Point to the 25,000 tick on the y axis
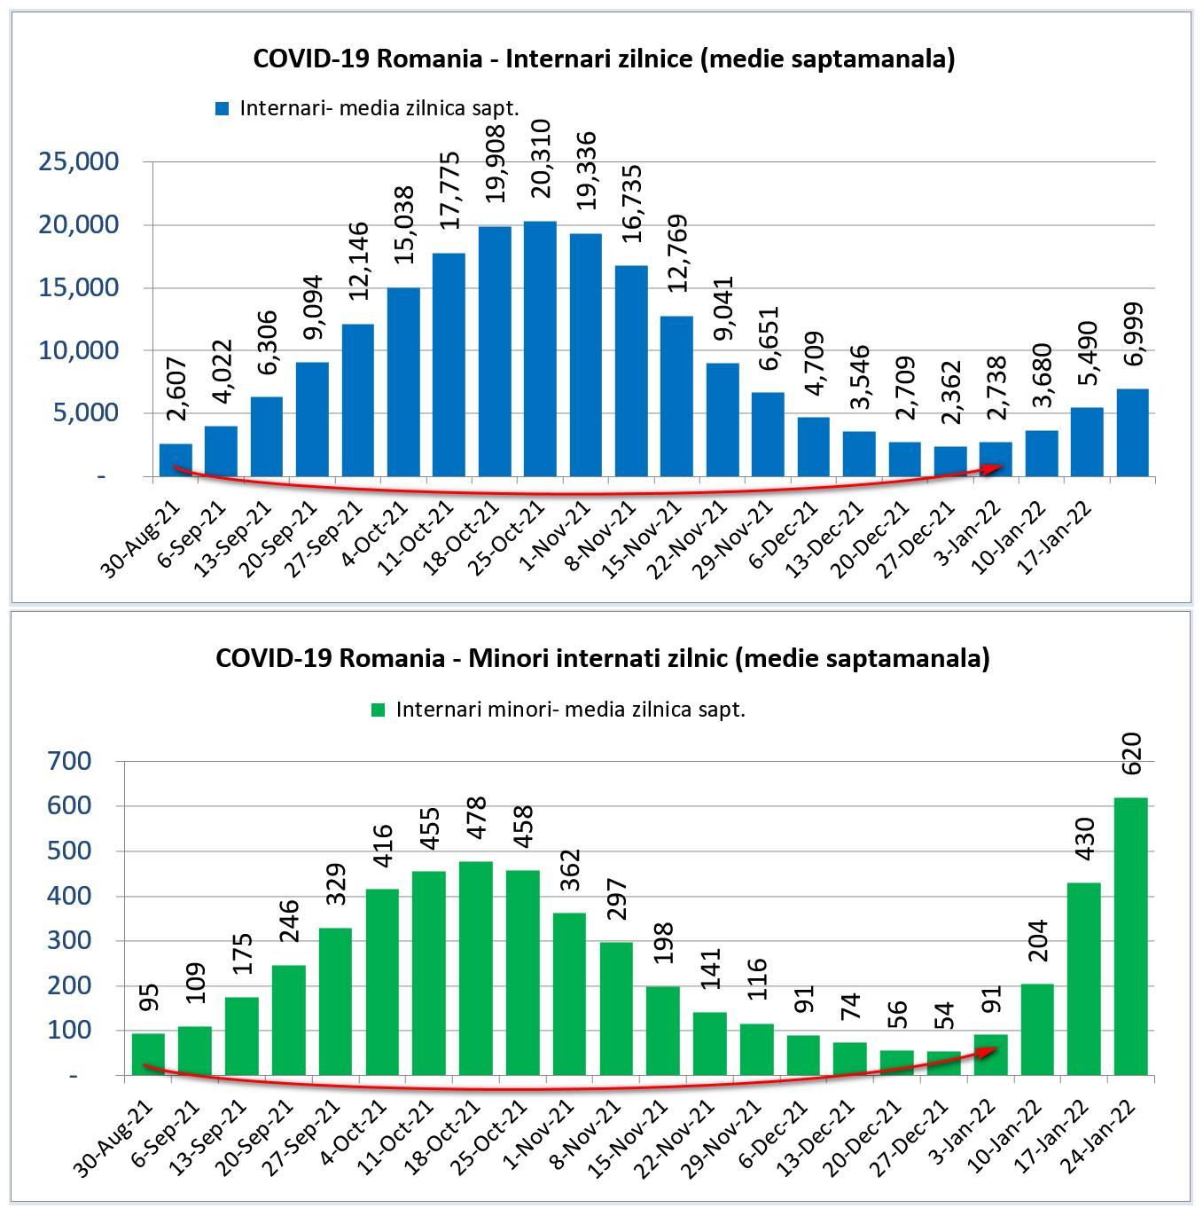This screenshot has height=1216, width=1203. (x=79, y=161)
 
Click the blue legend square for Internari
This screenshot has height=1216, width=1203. (x=223, y=109)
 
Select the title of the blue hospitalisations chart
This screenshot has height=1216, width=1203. (x=603, y=59)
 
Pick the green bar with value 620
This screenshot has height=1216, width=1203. (x=1130, y=936)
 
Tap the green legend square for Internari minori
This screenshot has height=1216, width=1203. (x=379, y=710)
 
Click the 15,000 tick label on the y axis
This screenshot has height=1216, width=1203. (x=79, y=287)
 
